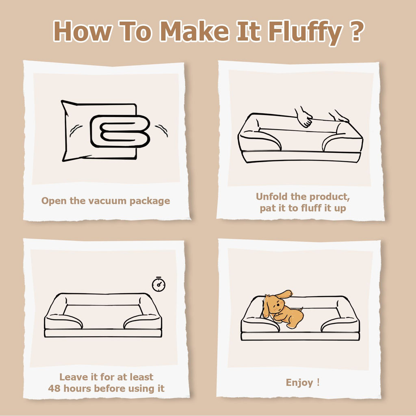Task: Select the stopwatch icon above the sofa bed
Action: click(159, 284)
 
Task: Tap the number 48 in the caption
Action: click(54, 388)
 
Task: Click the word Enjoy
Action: click(299, 383)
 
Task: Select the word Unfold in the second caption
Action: click(272, 197)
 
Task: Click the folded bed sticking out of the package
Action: click(120, 131)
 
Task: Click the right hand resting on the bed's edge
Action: click(339, 117)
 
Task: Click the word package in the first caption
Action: click(149, 201)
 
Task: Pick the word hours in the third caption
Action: click(78, 388)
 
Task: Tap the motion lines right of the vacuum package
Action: click(162, 130)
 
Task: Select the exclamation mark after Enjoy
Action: click(318, 382)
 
